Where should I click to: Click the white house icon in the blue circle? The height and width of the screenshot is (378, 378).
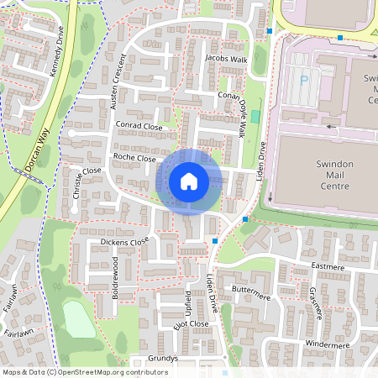(188, 181)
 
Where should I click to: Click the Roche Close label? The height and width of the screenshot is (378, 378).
(134, 157)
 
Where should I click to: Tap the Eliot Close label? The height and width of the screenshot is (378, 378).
(187, 323)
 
